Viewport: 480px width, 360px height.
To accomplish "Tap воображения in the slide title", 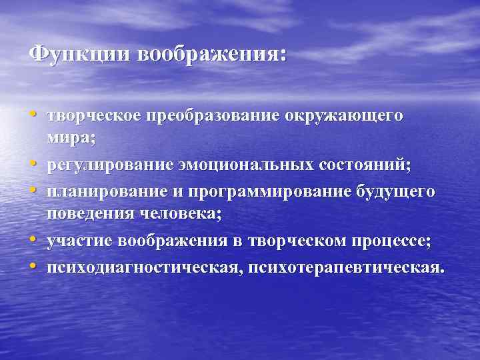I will (211, 53).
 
